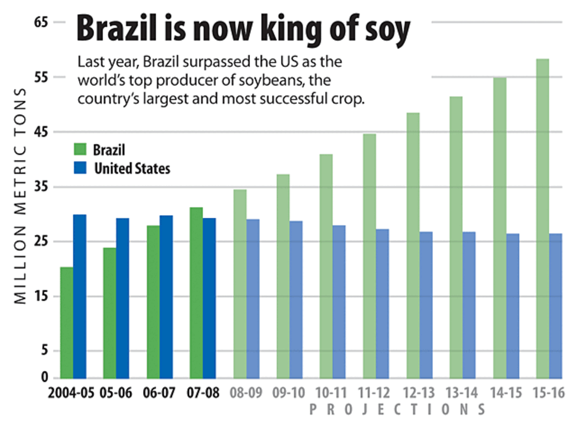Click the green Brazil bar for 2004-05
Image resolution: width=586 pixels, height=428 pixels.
[x=66, y=322]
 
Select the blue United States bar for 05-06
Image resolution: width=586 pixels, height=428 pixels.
[x=123, y=298]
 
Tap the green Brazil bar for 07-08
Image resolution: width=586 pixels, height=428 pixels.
[x=196, y=293]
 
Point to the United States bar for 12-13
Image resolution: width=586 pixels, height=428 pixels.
[x=426, y=304]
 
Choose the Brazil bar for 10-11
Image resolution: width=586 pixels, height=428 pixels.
[x=326, y=266]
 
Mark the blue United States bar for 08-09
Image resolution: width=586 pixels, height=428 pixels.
[x=253, y=298]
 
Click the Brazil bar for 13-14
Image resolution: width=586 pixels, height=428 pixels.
[x=456, y=237]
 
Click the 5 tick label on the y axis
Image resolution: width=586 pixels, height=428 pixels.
[x=45, y=351]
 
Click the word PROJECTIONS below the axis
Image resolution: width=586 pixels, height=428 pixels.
[x=397, y=410]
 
